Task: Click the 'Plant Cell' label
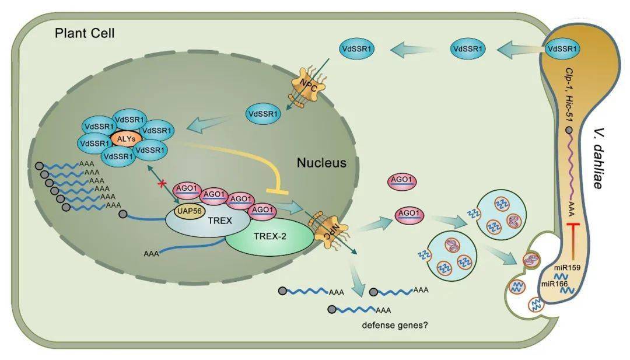point(85,33)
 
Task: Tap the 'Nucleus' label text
point(321,162)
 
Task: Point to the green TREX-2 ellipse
point(268,236)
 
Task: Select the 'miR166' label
point(555,283)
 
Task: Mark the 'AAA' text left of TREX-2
point(150,254)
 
